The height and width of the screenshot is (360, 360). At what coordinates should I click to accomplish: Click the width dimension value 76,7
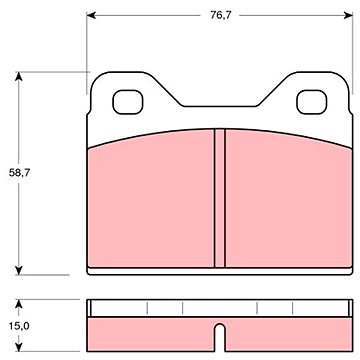221,15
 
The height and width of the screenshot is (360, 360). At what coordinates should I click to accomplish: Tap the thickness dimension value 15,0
19,326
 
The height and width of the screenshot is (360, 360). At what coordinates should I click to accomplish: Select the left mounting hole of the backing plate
128,102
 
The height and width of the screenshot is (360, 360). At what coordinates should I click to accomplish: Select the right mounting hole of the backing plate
312,102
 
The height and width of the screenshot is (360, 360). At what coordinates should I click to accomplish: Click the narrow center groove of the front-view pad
219,198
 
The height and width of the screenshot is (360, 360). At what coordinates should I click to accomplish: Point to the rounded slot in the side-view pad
219,337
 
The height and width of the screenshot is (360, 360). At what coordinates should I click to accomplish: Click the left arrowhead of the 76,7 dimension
91,15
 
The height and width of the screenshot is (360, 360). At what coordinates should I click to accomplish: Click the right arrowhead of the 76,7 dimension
348,15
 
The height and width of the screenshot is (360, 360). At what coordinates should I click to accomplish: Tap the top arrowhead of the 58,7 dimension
19,76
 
